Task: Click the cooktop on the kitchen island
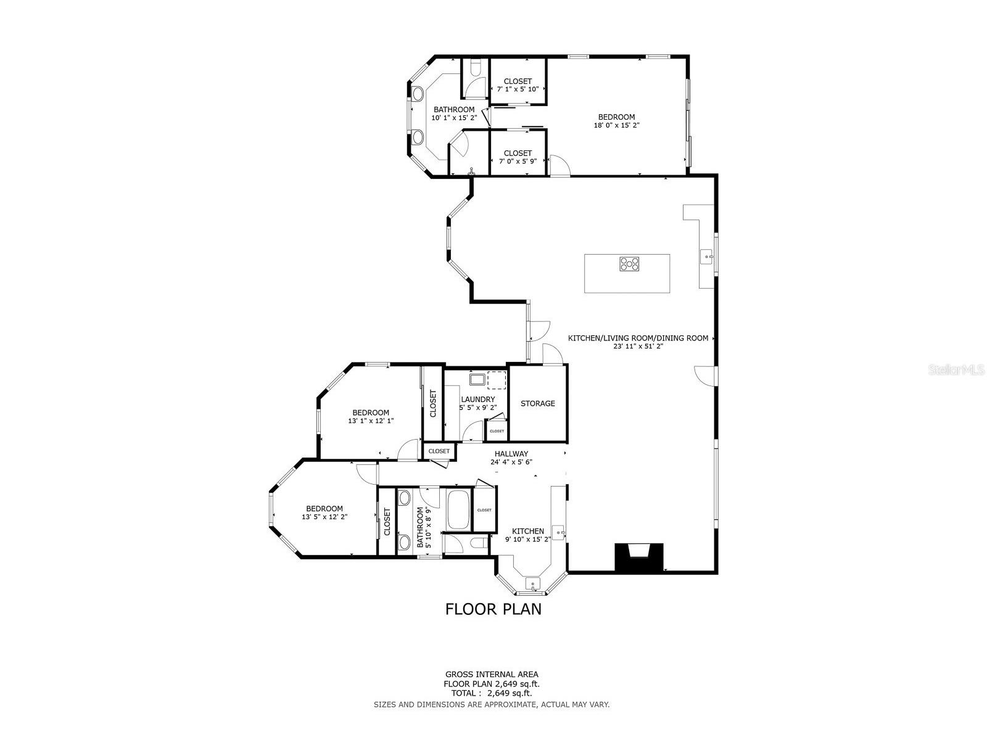(629, 264)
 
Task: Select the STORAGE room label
(537, 403)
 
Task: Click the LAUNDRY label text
(477, 400)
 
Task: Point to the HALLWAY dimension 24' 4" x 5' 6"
(511, 462)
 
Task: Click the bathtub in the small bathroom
(458, 509)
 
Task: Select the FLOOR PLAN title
(493, 609)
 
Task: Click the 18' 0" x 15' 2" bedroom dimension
(616, 125)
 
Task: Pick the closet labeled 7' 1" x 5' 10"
(518, 85)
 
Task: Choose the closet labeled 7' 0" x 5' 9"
(518, 157)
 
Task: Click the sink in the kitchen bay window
(532, 583)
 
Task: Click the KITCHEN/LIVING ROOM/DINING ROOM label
(638, 338)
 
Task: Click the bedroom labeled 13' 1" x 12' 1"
(371, 416)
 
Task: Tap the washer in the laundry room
(477, 379)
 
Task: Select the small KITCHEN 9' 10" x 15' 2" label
(528, 535)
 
